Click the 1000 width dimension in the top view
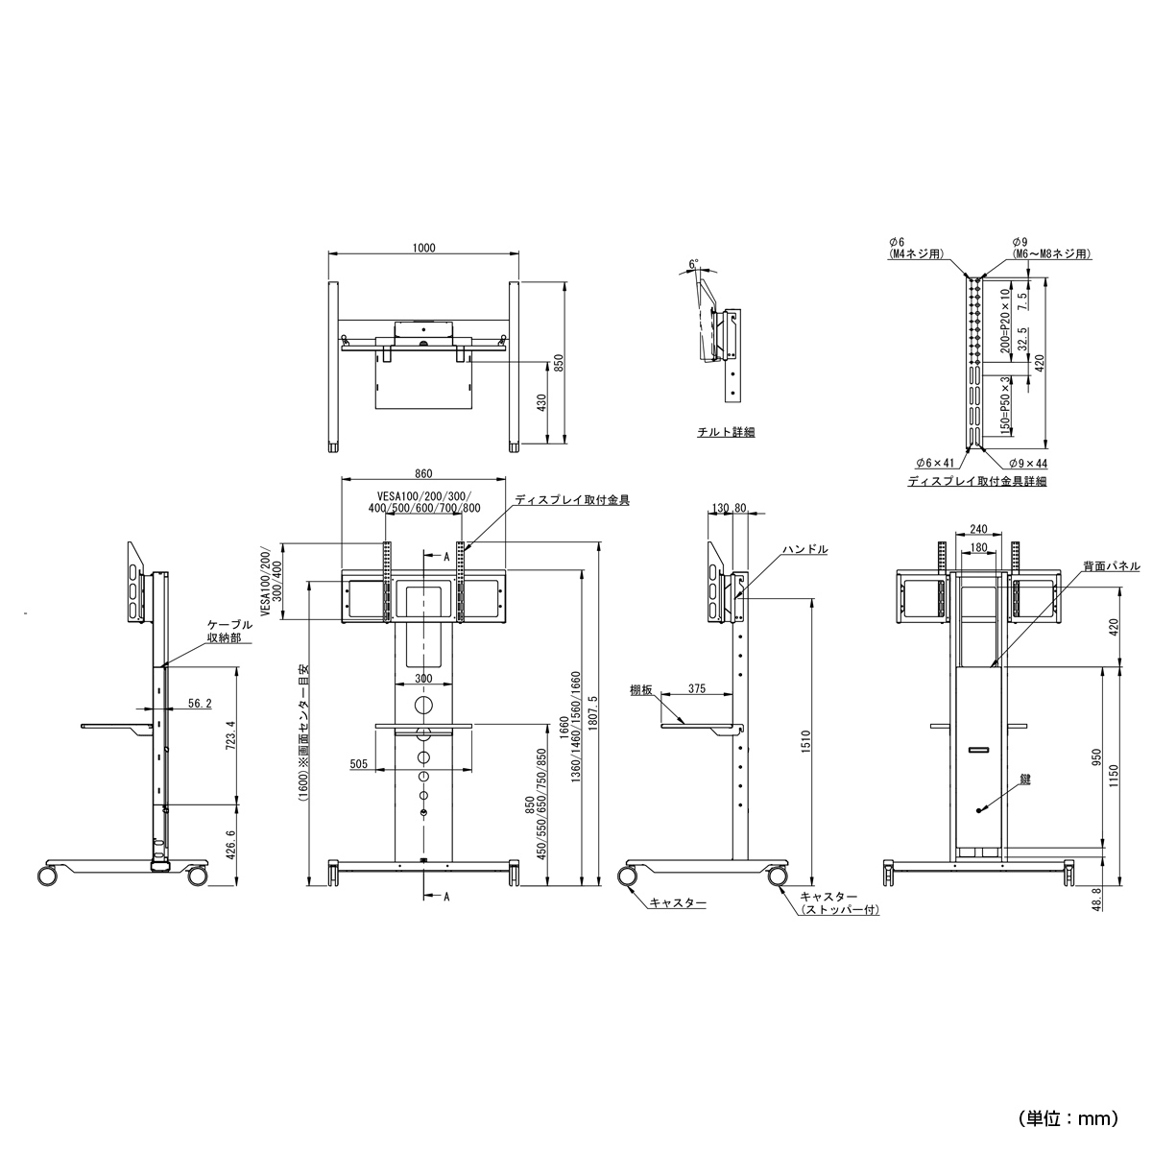pyautogui.click(x=423, y=248)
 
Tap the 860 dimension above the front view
pyautogui.click(x=423, y=473)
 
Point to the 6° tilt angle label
pyautogui.click(x=693, y=264)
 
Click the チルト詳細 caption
pyautogui.click(x=726, y=432)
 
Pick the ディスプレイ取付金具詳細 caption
pyautogui.click(x=977, y=481)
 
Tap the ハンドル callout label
pyautogui.click(x=806, y=549)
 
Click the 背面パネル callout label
pyautogui.click(x=1112, y=565)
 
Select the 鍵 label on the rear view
pyautogui.click(x=1025, y=779)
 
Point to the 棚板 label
pyautogui.click(x=641, y=690)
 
